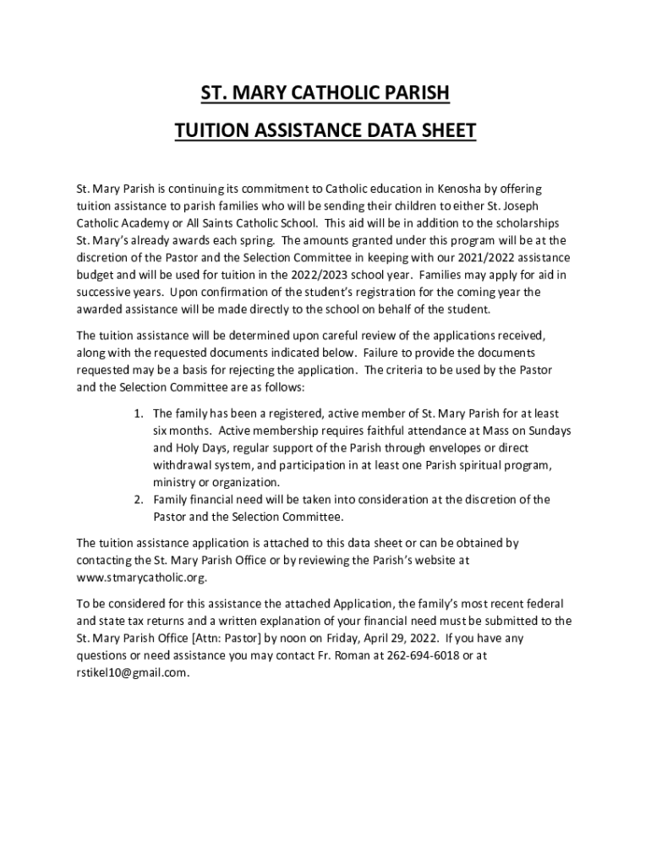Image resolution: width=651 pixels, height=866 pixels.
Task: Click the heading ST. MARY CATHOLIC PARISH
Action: coord(325,92)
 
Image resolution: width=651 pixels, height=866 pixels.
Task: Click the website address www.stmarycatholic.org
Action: coord(141,578)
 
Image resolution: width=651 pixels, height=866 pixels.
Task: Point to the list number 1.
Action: coord(138,414)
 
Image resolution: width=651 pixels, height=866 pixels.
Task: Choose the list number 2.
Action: coord(138,499)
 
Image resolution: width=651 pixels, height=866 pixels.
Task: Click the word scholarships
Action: coord(526,222)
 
